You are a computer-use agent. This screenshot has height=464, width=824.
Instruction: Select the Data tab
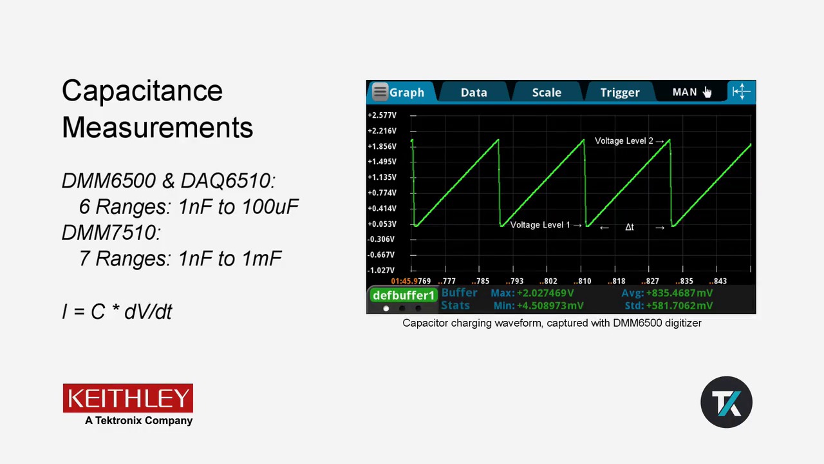click(474, 92)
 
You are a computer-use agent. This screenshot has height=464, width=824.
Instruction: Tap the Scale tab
click(547, 92)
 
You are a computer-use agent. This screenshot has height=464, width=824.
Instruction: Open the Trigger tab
click(620, 92)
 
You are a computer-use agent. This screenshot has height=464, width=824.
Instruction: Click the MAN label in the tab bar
click(684, 92)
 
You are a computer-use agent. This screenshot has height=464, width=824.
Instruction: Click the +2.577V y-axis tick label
click(382, 115)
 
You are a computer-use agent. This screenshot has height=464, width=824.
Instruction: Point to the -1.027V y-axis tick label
click(382, 271)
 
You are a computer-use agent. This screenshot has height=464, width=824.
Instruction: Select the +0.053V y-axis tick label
click(382, 224)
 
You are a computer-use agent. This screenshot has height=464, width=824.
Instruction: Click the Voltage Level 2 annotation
click(624, 140)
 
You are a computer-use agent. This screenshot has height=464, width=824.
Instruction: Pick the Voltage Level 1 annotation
click(540, 225)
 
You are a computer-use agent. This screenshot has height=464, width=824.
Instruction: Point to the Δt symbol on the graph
click(630, 227)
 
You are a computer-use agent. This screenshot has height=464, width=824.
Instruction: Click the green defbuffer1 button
click(404, 295)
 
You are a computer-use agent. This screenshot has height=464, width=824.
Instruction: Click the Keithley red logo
click(128, 398)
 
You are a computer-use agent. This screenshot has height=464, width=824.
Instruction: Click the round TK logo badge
click(726, 402)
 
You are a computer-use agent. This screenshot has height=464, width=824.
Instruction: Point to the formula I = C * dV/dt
click(117, 311)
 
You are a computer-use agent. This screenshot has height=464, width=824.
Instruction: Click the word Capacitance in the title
click(142, 91)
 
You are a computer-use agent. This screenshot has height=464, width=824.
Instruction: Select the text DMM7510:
click(111, 233)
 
